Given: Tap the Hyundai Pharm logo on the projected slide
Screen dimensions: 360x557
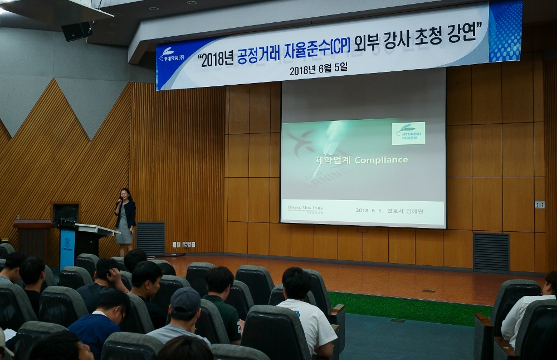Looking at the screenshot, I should [x=408, y=133].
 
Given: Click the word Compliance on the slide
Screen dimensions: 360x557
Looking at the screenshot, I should [x=381, y=160].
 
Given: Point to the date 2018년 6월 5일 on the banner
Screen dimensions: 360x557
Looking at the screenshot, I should [x=318, y=70].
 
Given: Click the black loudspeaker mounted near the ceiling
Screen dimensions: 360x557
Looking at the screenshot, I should [x=76, y=31].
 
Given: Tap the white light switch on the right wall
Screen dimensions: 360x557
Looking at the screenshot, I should [x=539, y=205].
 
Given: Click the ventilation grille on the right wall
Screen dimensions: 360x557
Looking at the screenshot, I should [x=491, y=252].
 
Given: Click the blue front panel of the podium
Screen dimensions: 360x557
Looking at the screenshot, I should [x=67, y=247].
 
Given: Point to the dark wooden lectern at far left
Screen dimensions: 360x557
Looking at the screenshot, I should [x=32, y=237].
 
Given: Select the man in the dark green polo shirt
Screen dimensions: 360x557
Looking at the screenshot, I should [x=223, y=304].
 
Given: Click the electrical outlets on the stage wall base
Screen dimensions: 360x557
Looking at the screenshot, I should [x=183, y=244].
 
